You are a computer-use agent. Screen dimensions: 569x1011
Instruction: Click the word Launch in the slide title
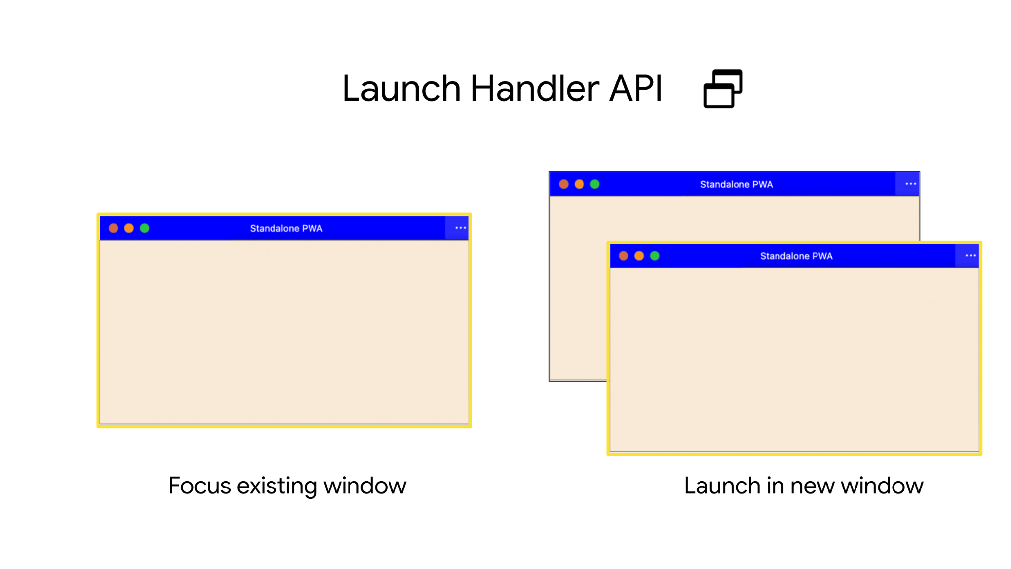pyautogui.click(x=401, y=89)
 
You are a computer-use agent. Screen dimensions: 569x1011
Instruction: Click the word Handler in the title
pyautogui.click(x=535, y=89)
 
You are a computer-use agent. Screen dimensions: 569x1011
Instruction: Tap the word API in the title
pyautogui.click(x=635, y=89)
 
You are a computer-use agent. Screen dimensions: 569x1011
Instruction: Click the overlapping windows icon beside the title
pyautogui.click(x=723, y=88)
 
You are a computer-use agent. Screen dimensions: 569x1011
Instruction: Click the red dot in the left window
pyautogui.click(x=114, y=228)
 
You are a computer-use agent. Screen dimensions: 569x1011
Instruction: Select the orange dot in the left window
pyautogui.click(x=129, y=228)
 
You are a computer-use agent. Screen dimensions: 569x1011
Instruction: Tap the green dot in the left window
pyautogui.click(x=145, y=228)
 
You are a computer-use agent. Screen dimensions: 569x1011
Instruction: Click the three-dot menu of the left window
pyautogui.click(x=460, y=228)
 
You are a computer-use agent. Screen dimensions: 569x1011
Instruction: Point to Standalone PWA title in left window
pyautogui.click(x=286, y=229)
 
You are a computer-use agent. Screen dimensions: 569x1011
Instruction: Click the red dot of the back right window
pyautogui.click(x=564, y=184)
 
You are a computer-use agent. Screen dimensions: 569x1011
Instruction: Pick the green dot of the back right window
pyautogui.click(x=595, y=184)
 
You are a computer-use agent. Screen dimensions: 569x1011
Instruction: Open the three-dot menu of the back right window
pyautogui.click(x=910, y=184)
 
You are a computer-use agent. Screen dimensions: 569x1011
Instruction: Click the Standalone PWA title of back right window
pyautogui.click(x=736, y=185)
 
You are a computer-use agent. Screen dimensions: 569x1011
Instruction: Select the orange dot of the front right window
pyautogui.click(x=639, y=256)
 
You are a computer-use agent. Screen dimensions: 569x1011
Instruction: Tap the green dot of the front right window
pyautogui.click(x=655, y=256)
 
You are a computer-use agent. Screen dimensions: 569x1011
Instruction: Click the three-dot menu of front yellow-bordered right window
pyautogui.click(x=970, y=256)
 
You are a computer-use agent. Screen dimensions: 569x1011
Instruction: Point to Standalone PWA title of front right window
pyautogui.click(x=796, y=256)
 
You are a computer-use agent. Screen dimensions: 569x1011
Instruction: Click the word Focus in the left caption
pyautogui.click(x=199, y=486)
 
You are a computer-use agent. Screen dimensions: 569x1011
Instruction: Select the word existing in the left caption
pyautogui.click(x=277, y=486)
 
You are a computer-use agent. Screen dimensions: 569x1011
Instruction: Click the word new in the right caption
pyautogui.click(x=813, y=486)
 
